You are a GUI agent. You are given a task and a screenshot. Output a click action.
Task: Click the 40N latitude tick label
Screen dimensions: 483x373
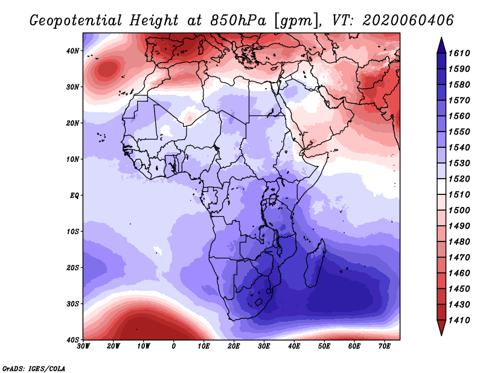click(72, 51)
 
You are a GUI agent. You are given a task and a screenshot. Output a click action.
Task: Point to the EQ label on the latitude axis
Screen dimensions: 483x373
click(74, 196)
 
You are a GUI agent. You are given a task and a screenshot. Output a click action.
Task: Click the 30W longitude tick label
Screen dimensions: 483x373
click(83, 346)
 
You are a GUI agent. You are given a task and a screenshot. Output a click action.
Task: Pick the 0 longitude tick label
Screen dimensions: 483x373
click(174, 346)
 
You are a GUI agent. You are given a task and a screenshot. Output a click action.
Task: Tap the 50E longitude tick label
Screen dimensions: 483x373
click(324, 346)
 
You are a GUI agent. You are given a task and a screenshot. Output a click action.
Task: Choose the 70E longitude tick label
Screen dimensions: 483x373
click(385, 346)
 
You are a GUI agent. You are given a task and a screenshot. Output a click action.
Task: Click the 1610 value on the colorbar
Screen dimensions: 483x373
click(459, 53)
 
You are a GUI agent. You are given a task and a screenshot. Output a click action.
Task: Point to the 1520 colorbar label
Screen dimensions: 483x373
click(459, 179)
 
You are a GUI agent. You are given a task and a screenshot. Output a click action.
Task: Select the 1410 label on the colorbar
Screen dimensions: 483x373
click(459, 320)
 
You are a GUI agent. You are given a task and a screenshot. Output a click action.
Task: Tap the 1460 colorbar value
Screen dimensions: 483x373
click(459, 273)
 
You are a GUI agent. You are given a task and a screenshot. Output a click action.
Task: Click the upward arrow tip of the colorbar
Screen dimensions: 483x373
click(441, 38)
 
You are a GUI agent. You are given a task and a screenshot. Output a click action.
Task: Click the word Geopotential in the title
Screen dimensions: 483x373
click(76, 21)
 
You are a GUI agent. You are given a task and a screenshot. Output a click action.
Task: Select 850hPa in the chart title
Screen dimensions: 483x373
click(238, 21)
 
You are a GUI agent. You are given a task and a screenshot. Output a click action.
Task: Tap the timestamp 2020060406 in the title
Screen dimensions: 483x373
click(408, 21)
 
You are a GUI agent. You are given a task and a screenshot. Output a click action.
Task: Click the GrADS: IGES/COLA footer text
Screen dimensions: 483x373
click(34, 368)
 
